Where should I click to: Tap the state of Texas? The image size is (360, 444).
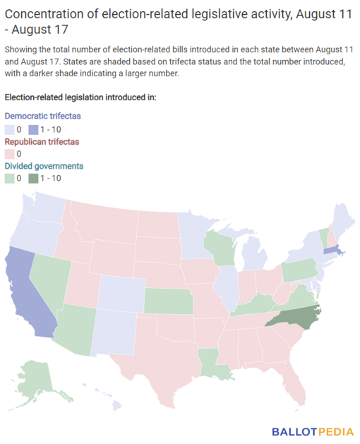coord(159,353)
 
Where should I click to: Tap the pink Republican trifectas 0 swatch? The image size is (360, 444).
coord(10,154)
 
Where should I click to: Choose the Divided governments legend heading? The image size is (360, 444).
coord(44,166)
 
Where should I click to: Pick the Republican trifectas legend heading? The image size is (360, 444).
coord(42,141)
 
